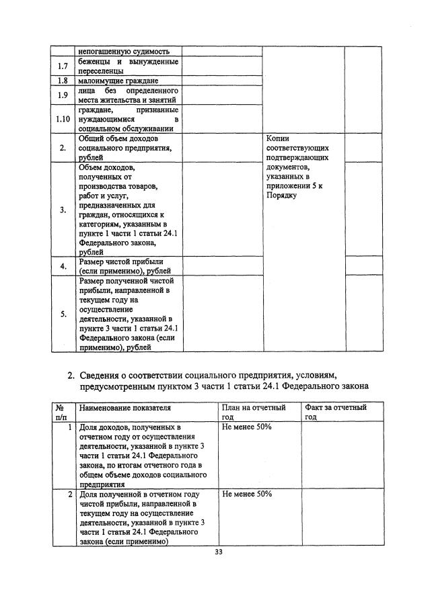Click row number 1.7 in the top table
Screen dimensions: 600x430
[x=63, y=67]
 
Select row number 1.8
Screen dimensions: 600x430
[x=63, y=81]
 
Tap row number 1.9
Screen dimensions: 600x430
[x=63, y=95]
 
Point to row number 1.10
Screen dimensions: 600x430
[x=63, y=119]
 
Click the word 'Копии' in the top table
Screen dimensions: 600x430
[x=279, y=138]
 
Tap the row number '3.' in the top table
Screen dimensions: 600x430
[x=63, y=210]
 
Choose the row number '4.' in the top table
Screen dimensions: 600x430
[x=63, y=266]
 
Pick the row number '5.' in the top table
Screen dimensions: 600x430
[x=63, y=314]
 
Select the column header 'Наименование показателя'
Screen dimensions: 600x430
[x=124, y=408]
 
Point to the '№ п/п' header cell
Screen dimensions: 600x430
[x=60, y=412]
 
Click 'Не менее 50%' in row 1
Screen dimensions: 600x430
[x=246, y=427]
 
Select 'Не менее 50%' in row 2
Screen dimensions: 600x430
[x=246, y=494]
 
